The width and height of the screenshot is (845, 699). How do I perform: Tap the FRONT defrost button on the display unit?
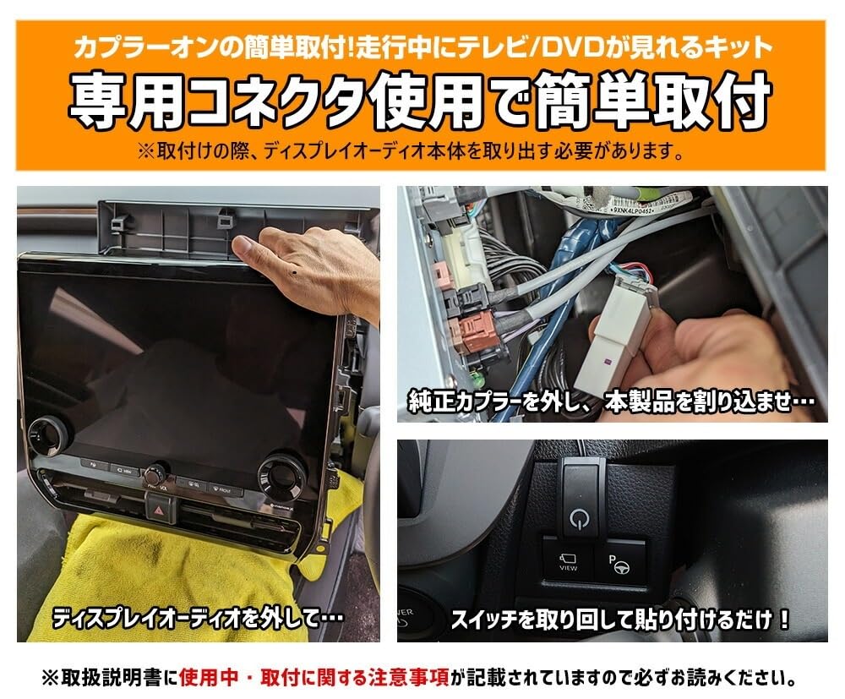click(x=221, y=489)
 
